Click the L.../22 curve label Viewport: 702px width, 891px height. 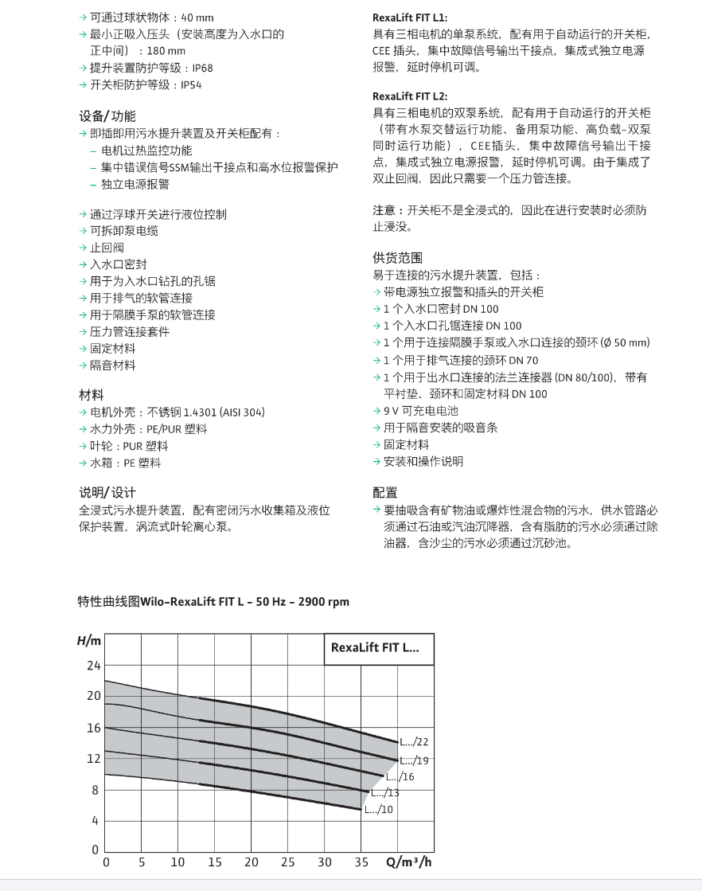[x=414, y=742]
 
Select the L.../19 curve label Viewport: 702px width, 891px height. [x=414, y=760]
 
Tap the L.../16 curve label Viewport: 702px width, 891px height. [x=400, y=777]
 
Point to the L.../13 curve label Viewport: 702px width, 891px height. [x=385, y=793]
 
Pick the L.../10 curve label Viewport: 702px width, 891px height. [x=379, y=810]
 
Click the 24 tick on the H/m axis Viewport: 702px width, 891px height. [x=94, y=666]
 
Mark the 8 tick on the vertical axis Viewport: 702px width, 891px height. [x=96, y=790]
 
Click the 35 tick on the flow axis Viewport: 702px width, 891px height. [x=361, y=862]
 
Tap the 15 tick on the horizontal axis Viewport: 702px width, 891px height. [x=215, y=862]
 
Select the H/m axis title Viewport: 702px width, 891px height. [x=89, y=641]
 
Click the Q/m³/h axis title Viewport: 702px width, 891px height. [x=410, y=862]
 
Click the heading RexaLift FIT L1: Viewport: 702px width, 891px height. [x=410, y=18]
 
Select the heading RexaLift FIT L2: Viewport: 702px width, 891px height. [x=410, y=96]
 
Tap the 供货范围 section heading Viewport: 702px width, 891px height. [x=398, y=258]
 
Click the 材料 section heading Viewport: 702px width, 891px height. [x=92, y=396]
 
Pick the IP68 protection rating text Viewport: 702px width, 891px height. [x=203, y=68]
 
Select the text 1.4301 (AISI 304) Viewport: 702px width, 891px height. [x=224, y=412]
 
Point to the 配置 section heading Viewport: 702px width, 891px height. [x=385, y=492]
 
